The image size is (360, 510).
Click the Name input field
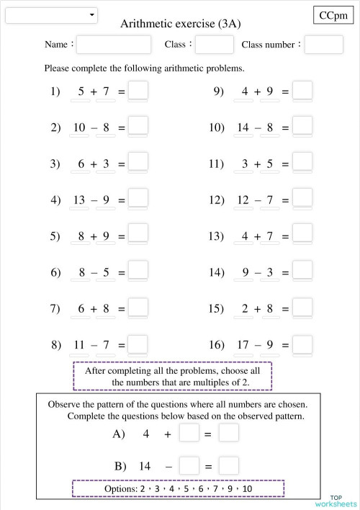point(114,45)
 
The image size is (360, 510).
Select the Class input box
point(214,45)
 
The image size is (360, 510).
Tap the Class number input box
point(323,45)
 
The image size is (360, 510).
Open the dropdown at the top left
point(51,15)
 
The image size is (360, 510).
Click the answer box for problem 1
point(138,91)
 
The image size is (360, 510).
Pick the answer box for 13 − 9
point(138,199)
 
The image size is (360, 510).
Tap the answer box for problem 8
point(138,344)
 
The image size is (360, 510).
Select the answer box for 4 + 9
point(302,91)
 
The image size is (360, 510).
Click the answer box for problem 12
point(302,199)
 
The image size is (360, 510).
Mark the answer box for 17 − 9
point(302,344)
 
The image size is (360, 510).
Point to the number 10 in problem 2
point(80,127)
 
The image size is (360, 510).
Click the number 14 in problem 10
point(243,127)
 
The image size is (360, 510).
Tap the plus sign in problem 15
point(257,309)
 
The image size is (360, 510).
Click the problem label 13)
point(217,236)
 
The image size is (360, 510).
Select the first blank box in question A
point(189,434)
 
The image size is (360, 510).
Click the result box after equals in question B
point(228,466)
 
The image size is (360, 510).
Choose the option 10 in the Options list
point(247,488)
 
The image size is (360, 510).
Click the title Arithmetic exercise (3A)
point(180,24)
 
